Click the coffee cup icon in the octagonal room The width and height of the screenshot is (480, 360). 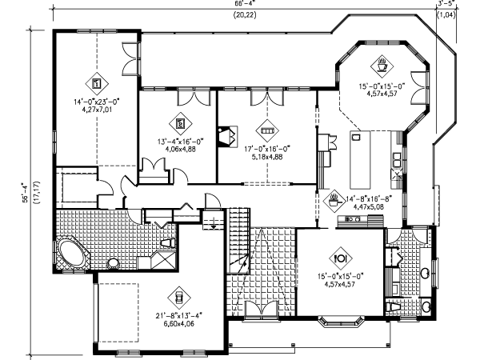pyautogui.click(x=382, y=63)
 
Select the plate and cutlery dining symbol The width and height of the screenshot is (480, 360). pyautogui.click(x=340, y=258)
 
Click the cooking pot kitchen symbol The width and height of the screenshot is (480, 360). pyautogui.click(x=332, y=197)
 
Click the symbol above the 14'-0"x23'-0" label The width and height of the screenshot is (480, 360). pyautogui.click(x=94, y=82)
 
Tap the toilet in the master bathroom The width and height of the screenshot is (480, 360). pyautogui.click(x=168, y=242)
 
